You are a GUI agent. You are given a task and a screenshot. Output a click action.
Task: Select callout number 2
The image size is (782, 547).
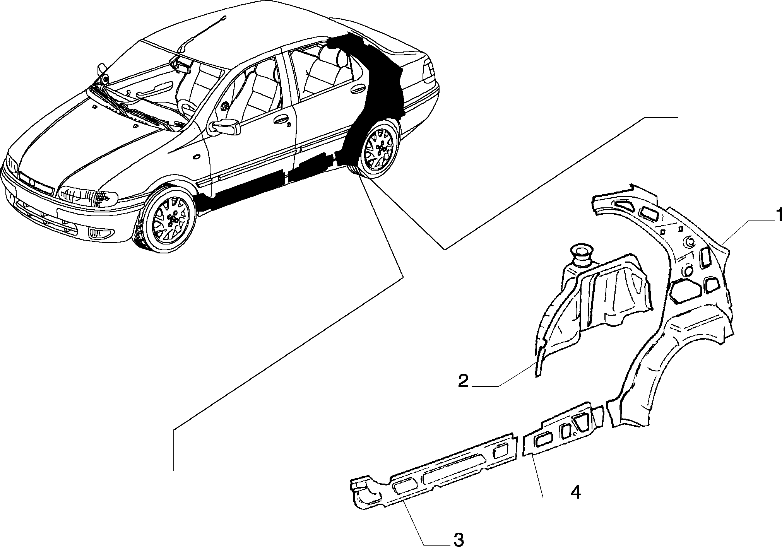[x=463, y=381]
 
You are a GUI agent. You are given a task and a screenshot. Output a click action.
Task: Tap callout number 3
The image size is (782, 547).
[x=458, y=538]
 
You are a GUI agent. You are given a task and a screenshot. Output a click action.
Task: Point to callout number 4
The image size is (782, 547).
[x=575, y=492]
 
